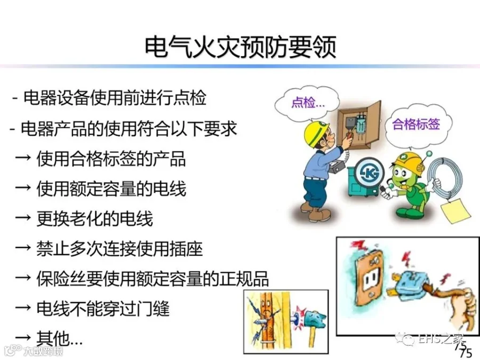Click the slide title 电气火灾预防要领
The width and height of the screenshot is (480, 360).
click(x=241, y=47)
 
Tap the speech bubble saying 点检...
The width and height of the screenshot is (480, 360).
click(x=307, y=102)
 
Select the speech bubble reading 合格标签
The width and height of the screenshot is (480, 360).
click(x=417, y=124)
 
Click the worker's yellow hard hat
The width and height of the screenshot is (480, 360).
click(x=316, y=133)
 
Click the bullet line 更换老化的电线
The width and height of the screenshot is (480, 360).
click(x=94, y=219)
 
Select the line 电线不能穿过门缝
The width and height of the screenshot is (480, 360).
click(x=103, y=308)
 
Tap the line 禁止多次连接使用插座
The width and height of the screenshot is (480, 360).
click(x=119, y=249)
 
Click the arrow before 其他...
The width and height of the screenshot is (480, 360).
click(x=23, y=338)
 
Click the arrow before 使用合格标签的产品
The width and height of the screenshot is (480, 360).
click(x=23, y=158)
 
